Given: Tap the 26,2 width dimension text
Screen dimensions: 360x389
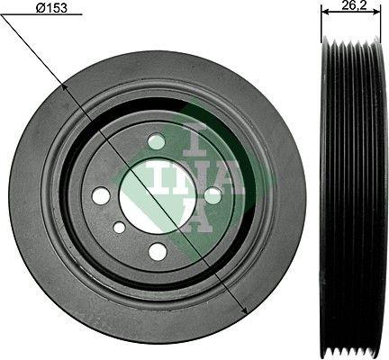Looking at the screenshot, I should (352, 7).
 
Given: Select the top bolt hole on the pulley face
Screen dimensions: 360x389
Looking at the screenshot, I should (157, 141).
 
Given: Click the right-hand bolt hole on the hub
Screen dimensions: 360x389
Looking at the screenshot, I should (213, 194).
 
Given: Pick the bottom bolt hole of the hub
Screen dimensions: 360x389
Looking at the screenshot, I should (158, 251).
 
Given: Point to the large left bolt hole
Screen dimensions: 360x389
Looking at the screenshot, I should (101, 195).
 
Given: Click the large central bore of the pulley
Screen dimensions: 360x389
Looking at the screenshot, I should (157, 195).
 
